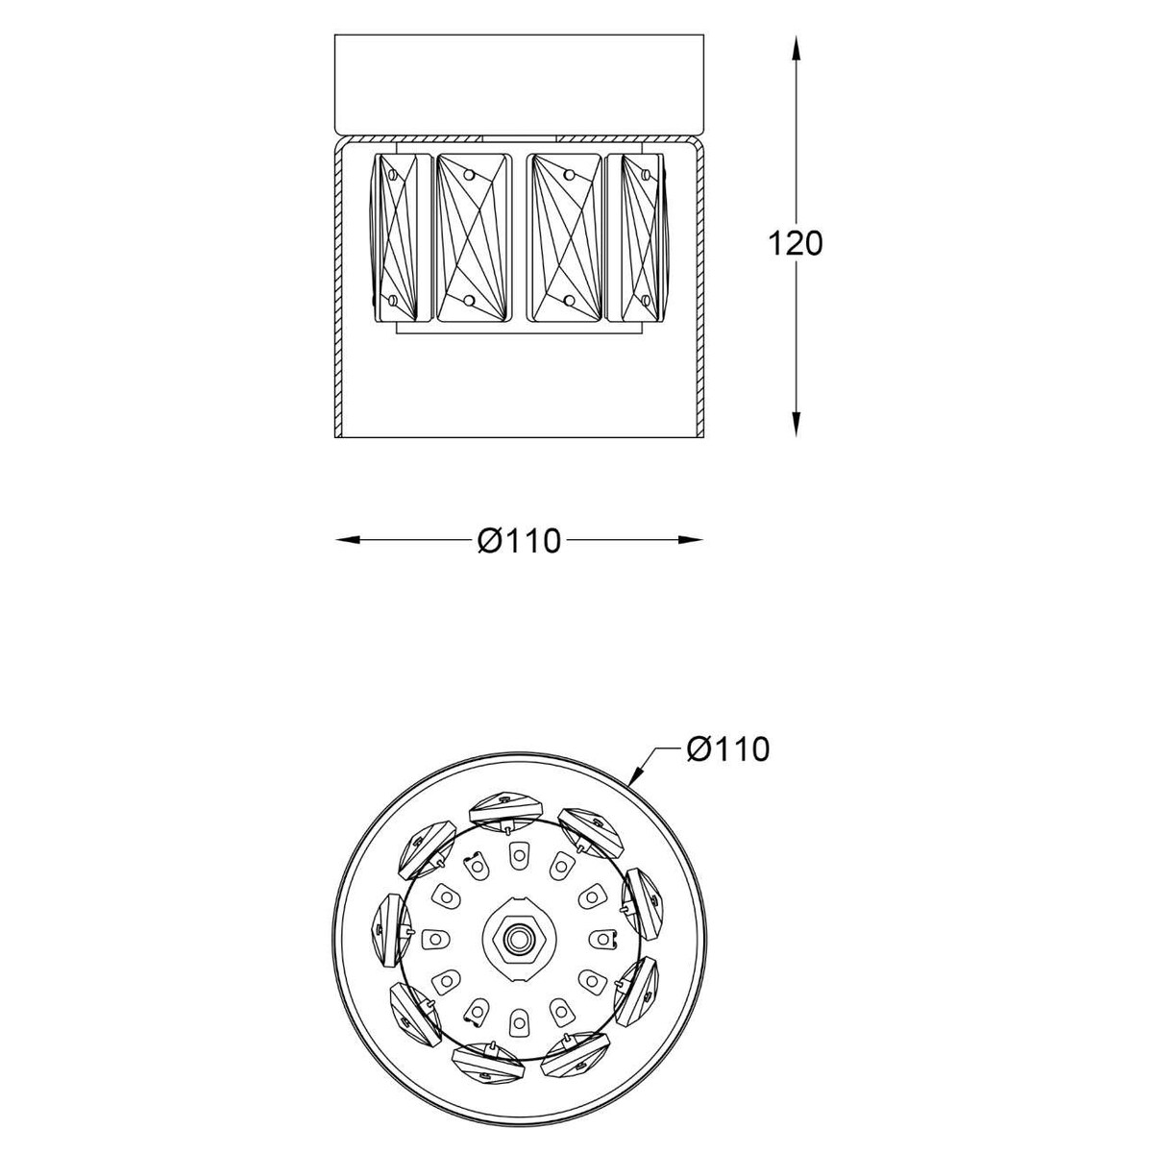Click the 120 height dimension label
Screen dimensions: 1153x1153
point(796,244)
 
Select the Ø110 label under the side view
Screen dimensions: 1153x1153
point(520,541)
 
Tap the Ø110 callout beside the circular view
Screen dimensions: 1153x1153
point(727,748)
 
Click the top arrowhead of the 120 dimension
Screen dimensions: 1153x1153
point(796,47)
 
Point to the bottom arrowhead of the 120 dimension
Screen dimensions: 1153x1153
point(796,425)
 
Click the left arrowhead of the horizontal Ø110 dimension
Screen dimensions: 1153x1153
point(348,540)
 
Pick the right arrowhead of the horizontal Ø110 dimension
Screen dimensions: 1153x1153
point(690,540)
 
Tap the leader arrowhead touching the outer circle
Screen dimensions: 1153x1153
point(636,774)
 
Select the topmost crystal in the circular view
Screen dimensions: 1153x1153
point(505,811)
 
